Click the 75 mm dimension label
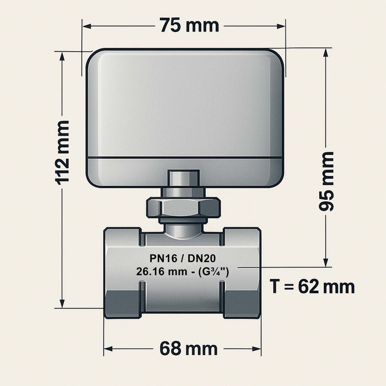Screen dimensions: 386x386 pos(189,25)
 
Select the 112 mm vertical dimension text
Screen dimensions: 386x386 pos(62,152)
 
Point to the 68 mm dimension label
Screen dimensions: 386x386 pos(189,349)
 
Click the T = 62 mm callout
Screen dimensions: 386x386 pos(312,287)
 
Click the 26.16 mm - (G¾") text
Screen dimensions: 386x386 pos(182,271)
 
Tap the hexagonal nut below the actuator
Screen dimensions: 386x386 pos(183,208)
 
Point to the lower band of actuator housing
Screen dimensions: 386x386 pos(185,173)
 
